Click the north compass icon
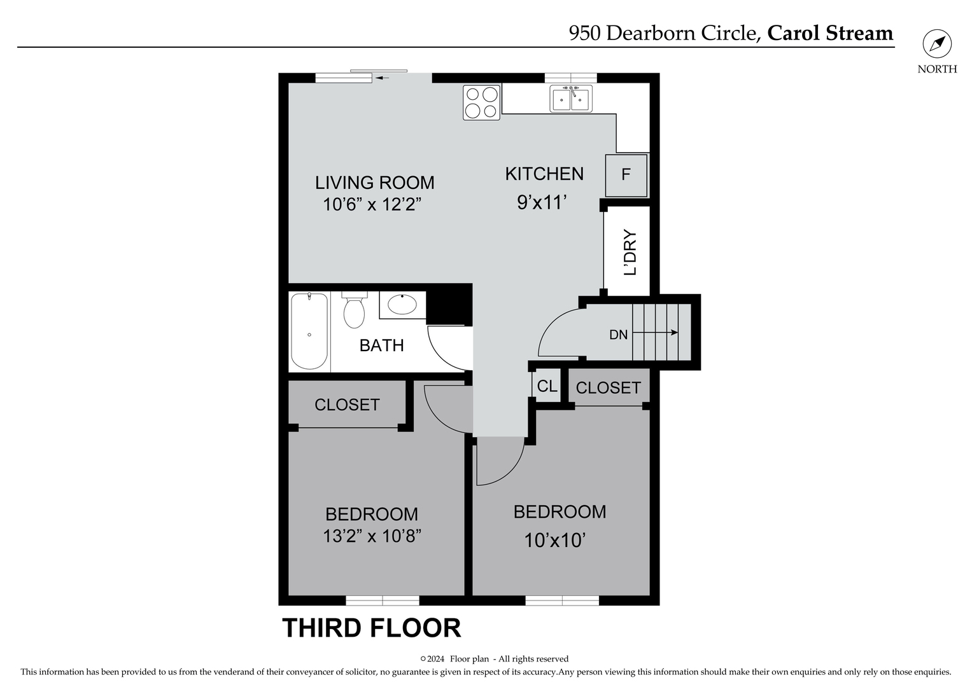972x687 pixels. (x=937, y=45)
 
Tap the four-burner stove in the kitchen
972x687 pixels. (x=481, y=102)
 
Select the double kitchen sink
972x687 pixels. (x=571, y=99)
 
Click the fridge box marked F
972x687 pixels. (x=626, y=175)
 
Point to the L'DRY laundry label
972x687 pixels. (x=630, y=252)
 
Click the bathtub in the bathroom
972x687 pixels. (x=309, y=331)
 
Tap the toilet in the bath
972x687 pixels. (x=354, y=310)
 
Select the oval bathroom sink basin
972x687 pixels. (x=402, y=305)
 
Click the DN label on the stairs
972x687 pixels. (x=618, y=335)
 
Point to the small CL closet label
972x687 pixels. (x=547, y=386)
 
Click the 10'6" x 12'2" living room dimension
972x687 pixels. (x=372, y=205)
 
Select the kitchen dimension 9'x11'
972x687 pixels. (x=542, y=202)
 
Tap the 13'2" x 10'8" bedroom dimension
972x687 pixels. (x=372, y=536)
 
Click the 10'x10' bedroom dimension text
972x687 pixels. (x=554, y=540)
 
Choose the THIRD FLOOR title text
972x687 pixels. (x=372, y=628)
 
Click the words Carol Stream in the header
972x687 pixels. (x=830, y=33)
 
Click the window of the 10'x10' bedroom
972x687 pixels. (x=562, y=600)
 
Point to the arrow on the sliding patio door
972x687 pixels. (x=382, y=78)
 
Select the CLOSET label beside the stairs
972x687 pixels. (x=608, y=388)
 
